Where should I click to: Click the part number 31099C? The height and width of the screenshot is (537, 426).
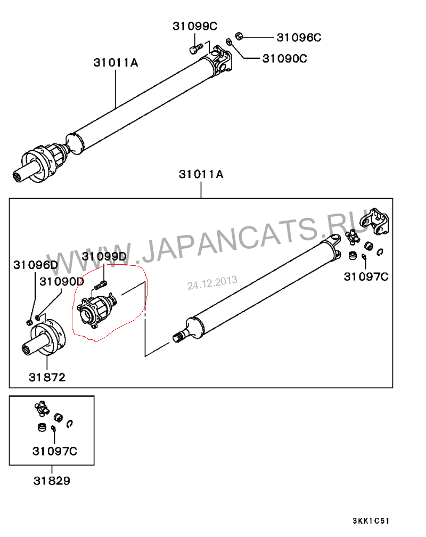tap(195, 26)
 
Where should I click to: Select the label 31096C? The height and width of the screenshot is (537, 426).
tap(299, 37)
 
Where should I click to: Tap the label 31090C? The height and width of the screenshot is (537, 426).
tap(284, 59)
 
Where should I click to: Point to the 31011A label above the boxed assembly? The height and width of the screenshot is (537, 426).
tap(201, 174)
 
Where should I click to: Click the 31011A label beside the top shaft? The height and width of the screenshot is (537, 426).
tap(116, 62)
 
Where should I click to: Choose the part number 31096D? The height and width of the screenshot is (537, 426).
tap(36, 265)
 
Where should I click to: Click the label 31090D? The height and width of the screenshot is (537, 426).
tap(62, 281)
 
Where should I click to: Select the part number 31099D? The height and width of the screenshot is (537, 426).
tap(104, 256)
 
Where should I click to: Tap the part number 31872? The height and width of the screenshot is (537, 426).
tap(47, 377)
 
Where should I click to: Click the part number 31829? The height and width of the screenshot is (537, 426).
tap(52, 481)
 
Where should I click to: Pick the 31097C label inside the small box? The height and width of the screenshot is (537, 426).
tap(55, 451)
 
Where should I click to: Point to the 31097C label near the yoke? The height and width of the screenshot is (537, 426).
tap(366, 276)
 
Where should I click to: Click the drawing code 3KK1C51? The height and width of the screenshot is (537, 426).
tap(371, 521)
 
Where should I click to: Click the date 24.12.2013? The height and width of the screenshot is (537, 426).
tap(212, 283)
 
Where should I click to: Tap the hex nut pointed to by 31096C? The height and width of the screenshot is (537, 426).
tap(239, 36)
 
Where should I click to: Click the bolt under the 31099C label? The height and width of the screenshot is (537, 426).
tap(196, 48)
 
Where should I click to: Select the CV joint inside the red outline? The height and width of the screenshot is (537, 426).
tap(96, 309)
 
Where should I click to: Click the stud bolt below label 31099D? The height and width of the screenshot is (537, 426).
tap(100, 285)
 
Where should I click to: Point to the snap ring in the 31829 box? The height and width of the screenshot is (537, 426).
tap(70, 424)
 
